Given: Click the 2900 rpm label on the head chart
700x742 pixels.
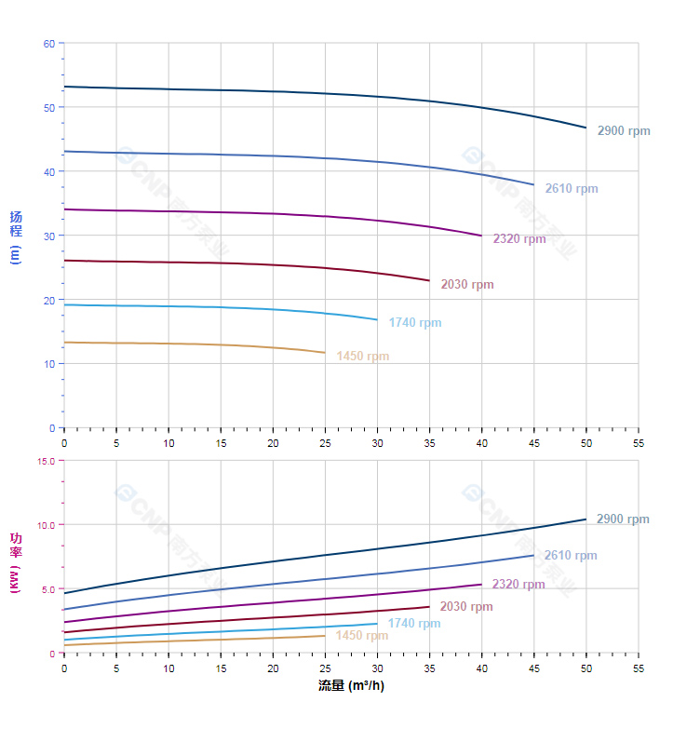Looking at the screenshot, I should coord(623,131).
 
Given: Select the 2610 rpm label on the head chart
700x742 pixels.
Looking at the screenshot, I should coord(571,189).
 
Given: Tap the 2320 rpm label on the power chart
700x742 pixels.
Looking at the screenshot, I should coord(518,585).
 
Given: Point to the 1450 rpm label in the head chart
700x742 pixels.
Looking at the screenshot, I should coord(362,357).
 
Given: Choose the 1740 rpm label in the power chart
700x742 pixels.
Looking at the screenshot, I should coord(414,624).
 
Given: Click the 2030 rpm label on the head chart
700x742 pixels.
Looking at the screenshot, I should coord(466,285).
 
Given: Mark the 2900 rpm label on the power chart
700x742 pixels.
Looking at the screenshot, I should coord(623,519).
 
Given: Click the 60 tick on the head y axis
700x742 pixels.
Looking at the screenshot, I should coord(48,44).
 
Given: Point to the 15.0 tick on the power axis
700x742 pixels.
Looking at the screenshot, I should coord(46,461).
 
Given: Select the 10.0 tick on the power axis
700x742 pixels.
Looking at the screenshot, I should coord(46,525).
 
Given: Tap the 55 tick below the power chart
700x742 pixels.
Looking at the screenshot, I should coord(638,668).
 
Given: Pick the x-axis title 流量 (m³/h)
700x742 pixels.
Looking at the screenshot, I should coord(351,686).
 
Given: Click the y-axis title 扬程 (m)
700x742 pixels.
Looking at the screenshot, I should coord(16,236).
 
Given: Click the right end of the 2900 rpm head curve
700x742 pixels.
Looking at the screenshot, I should coord(586,128).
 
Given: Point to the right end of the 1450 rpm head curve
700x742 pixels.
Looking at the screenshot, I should coord(325,353).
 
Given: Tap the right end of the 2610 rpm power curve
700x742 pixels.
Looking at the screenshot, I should coord(533,555).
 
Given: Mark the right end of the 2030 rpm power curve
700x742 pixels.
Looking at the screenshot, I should coord(429,607).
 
